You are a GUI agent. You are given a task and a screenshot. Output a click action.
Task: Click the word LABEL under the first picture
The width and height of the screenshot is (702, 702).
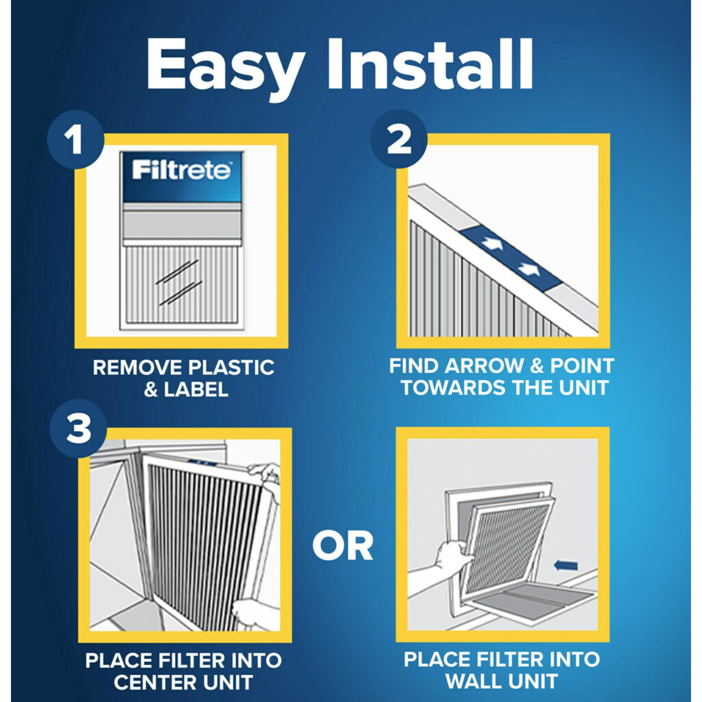(196, 389)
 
